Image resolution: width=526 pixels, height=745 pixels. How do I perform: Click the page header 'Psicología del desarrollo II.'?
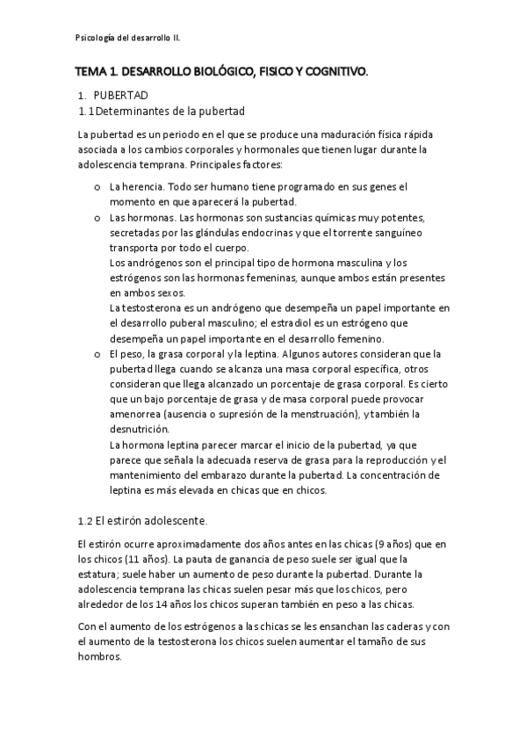click(128, 38)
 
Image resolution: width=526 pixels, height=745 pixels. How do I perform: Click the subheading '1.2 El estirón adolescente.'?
click(142, 520)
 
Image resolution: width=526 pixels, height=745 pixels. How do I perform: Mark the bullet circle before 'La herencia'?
click(95, 187)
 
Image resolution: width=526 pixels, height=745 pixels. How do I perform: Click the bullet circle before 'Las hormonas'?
click(95, 218)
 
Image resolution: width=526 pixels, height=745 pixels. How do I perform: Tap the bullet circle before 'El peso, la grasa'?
click(95, 354)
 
